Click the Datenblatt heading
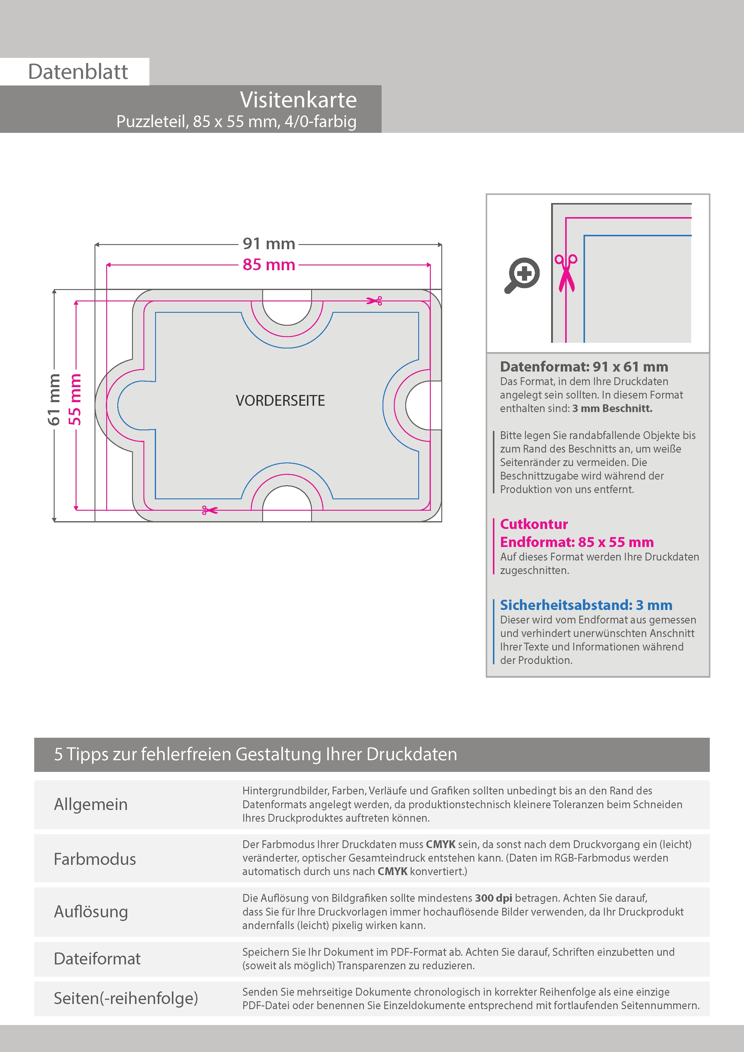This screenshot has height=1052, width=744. click(78, 72)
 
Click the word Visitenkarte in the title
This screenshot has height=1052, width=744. click(298, 100)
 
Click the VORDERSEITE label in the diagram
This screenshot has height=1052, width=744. click(280, 400)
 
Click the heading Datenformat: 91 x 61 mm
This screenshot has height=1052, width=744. click(583, 366)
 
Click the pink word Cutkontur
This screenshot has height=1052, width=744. click(534, 524)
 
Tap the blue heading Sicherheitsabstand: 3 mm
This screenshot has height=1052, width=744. click(586, 605)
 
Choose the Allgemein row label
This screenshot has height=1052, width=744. click(91, 804)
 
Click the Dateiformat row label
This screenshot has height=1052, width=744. click(97, 958)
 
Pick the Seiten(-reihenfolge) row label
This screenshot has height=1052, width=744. click(126, 998)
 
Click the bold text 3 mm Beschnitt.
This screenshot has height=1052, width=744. click(612, 408)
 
